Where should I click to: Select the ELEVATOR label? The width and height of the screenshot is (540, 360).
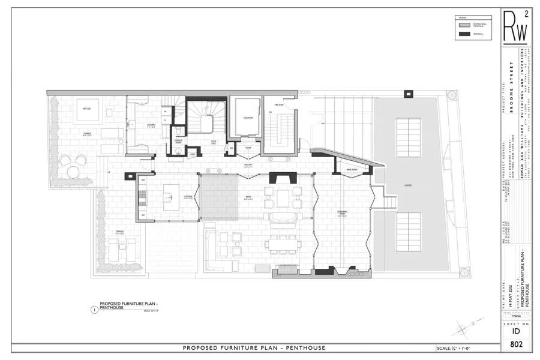pos(248,118)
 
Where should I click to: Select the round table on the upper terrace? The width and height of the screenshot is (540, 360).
pos(73,172)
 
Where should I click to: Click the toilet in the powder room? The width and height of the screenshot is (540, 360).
pos(178,133)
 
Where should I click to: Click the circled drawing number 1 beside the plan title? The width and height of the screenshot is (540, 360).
pos(94,310)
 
